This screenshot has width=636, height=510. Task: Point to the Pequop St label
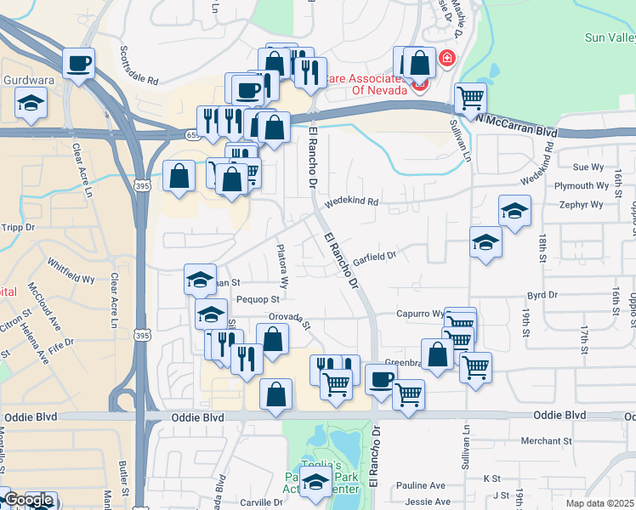coord(258,299)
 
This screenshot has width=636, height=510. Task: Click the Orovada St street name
coord(290,322)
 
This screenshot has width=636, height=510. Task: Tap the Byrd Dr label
coord(542,296)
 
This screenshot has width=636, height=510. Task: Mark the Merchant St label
coord(547,441)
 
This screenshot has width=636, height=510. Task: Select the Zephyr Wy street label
coord(582,205)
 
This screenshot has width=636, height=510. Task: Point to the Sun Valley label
coord(610,37)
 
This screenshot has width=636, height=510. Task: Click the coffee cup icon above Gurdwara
coord(78,62)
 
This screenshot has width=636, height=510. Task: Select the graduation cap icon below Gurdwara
coord(31,103)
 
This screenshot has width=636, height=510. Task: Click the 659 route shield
coord(193,134)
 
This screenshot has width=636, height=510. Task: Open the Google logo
coord(27,501)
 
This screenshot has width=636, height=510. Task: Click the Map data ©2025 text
coord(599,503)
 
